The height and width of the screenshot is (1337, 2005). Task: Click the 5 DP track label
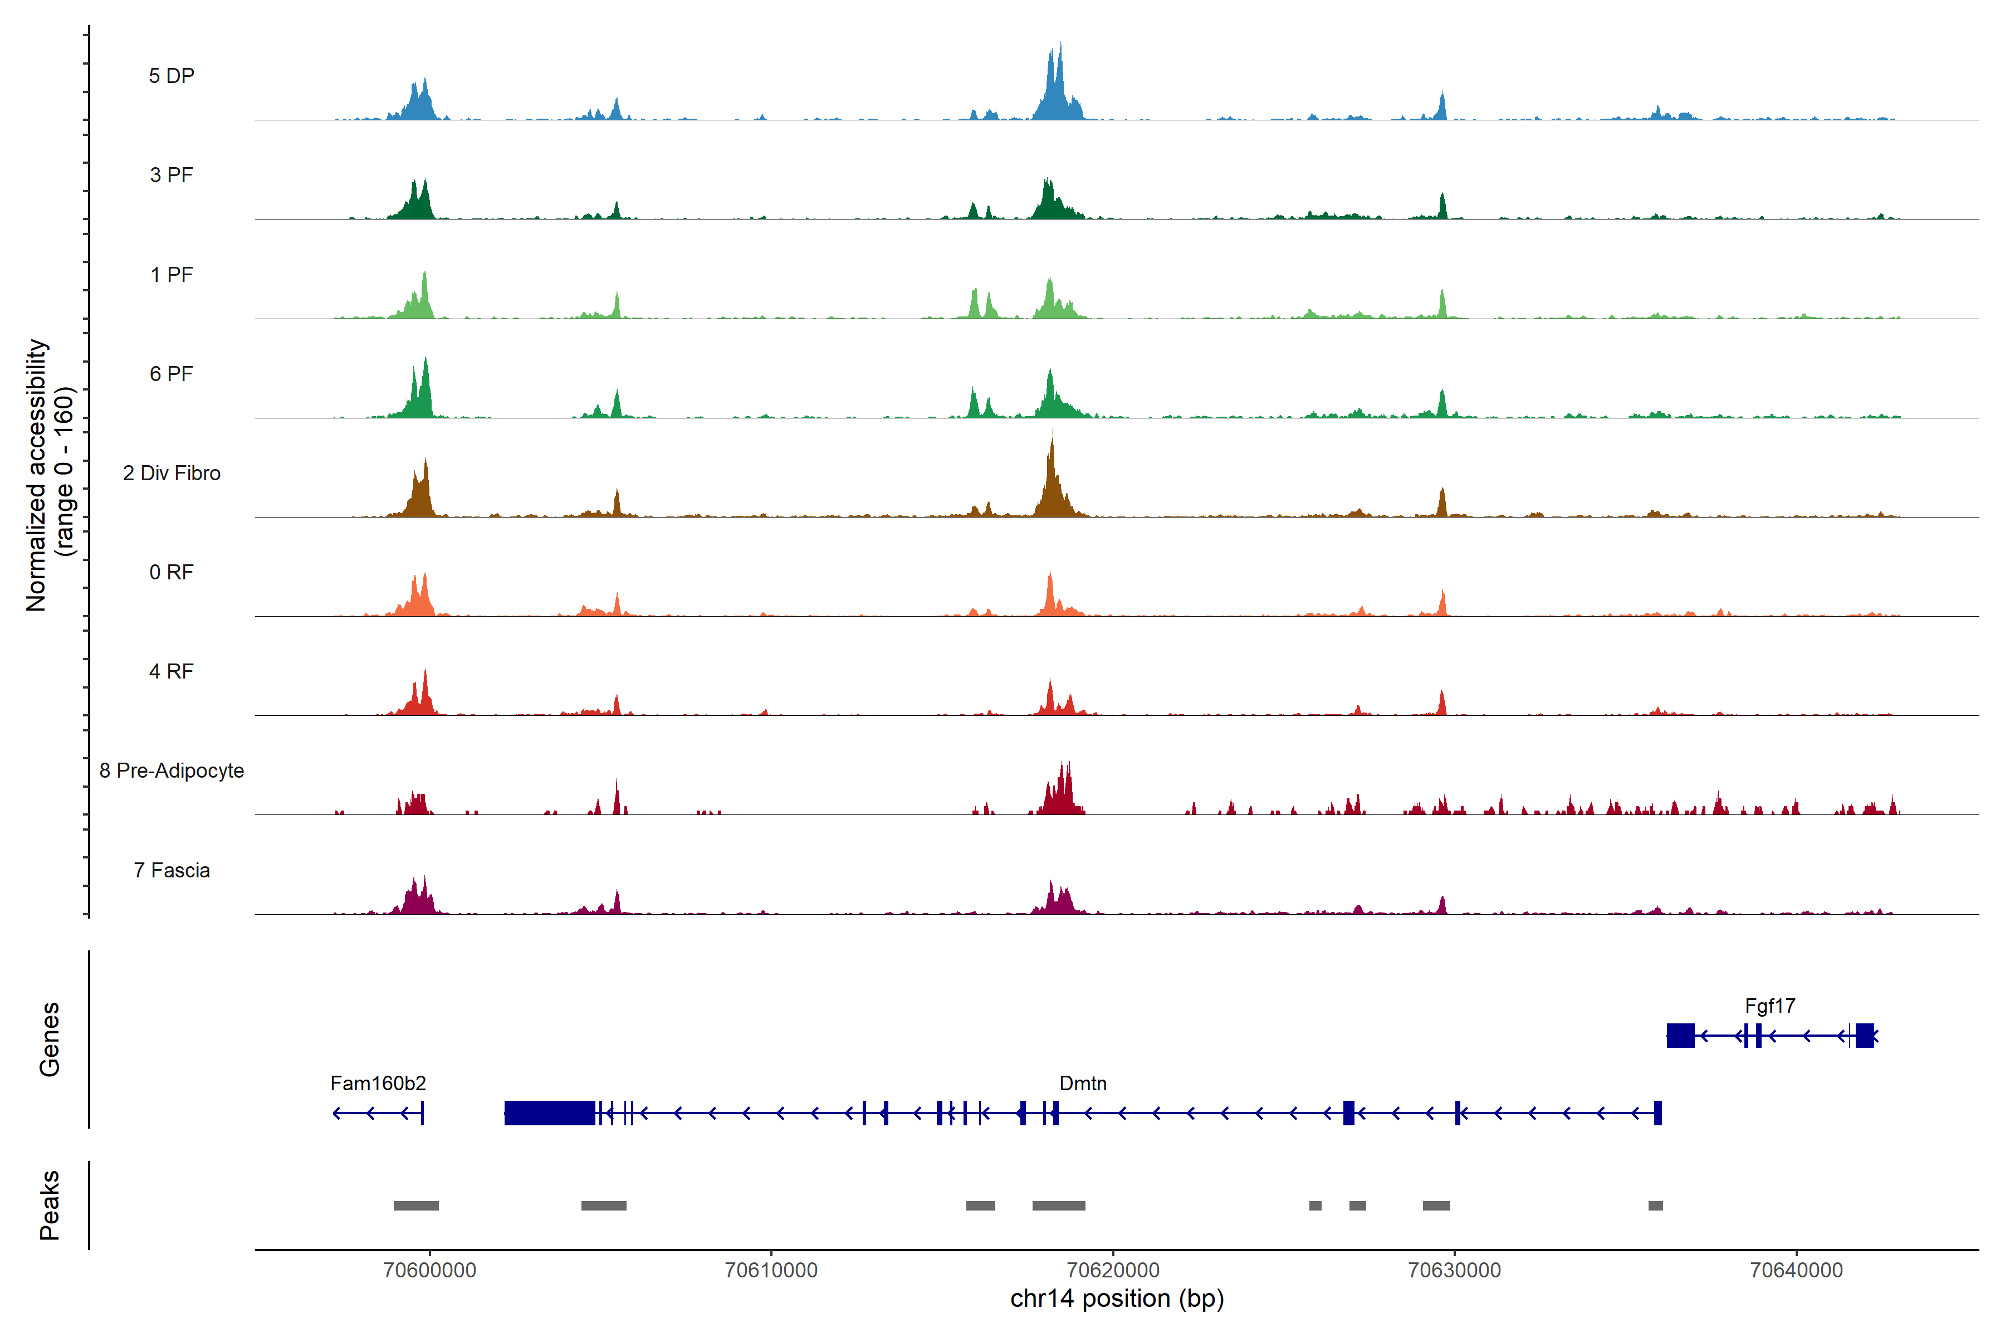172,76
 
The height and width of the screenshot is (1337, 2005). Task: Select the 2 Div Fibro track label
172,473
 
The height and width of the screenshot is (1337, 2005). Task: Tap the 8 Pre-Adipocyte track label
172,771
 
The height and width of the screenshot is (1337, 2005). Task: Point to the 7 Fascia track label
172,871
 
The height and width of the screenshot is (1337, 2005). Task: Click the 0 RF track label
172,572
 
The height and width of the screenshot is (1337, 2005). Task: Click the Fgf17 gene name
1770,1006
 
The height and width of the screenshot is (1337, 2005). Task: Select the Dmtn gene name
1083,1084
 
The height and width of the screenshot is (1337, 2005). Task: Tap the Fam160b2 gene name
378,1084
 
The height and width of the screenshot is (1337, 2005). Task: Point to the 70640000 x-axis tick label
1796,1271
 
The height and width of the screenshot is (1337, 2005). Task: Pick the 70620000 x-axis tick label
1113,1271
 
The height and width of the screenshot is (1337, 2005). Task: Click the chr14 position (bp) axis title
1117,1299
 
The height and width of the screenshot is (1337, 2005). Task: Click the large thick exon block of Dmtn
549,1112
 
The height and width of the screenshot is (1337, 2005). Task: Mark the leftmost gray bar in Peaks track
416,1206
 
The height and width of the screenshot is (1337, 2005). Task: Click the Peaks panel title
50,1205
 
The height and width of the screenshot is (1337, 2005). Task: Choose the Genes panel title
50,1040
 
